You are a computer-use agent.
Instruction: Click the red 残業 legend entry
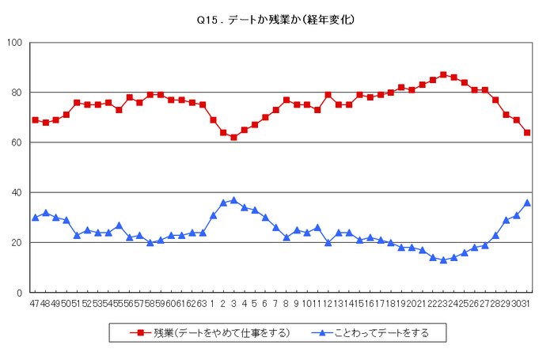[210, 333]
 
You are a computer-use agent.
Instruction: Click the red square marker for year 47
[35, 119]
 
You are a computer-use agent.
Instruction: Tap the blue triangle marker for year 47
[35, 218]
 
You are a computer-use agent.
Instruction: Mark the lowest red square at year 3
[233, 137]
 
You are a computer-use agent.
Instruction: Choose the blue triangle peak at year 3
[233, 200]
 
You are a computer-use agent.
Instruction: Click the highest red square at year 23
[443, 74]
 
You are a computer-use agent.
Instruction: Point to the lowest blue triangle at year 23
[443, 260]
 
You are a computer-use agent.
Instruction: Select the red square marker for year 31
[527, 132]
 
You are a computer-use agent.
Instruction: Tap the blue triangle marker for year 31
[527, 203]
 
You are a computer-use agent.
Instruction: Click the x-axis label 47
[35, 303]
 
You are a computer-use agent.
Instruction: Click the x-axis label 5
[255, 303]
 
